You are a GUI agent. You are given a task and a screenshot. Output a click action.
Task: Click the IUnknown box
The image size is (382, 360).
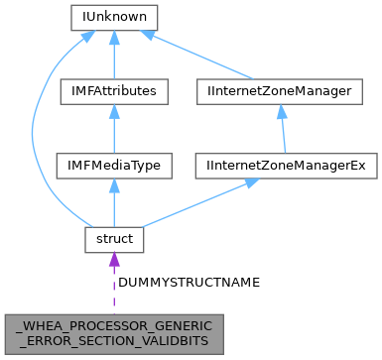pyautogui.click(x=114, y=17)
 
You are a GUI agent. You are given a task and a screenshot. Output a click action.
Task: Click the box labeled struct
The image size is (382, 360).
pyautogui.click(x=114, y=238)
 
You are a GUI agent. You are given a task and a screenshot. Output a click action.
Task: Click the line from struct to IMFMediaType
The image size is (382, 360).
pyautogui.click(x=114, y=204)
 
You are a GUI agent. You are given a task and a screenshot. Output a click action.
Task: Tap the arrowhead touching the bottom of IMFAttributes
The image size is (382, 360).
pyautogui.click(x=114, y=112)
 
